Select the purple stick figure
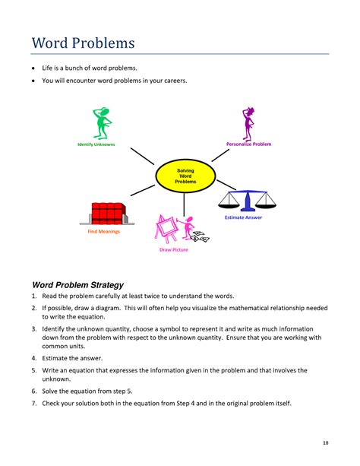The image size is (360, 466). [248, 122]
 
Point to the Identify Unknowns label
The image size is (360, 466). [96, 144]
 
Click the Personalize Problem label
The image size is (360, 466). [248, 144]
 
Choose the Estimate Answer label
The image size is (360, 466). [244, 218]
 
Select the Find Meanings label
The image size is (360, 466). [104, 231]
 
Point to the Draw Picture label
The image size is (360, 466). [173, 250]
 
